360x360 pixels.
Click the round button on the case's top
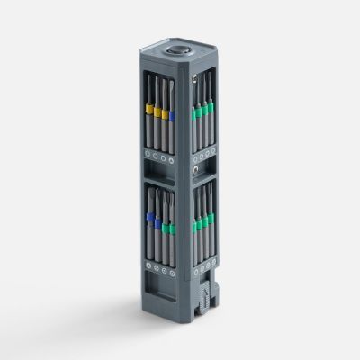click(x=183, y=54)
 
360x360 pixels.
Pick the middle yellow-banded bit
click(x=157, y=112)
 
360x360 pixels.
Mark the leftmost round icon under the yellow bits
click(x=148, y=154)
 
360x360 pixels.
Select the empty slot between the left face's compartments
click(x=158, y=170)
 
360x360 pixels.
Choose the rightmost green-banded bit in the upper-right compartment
click(x=211, y=108)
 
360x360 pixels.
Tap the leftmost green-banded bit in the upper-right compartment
click(x=193, y=115)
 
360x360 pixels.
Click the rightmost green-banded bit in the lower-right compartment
click(x=211, y=217)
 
